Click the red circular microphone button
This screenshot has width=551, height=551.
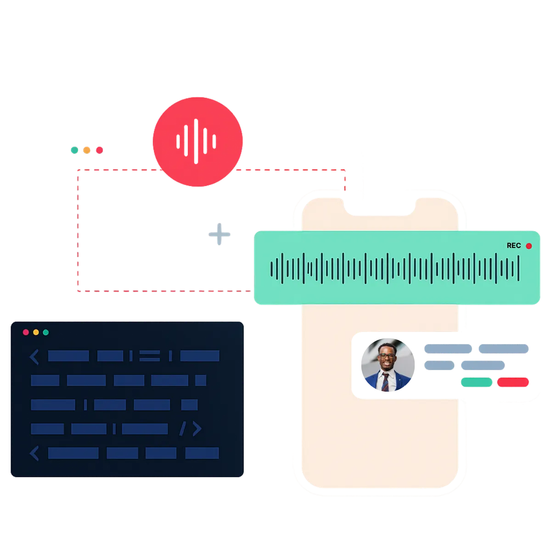pyautogui.click(x=197, y=142)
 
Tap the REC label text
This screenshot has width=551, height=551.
pyautogui.click(x=513, y=246)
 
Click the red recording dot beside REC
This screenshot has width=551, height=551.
pyautogui.click(x=529, y=246)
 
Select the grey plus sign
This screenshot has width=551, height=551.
pyautogui.click(x=220, y=234)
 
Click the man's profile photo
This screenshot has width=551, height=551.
pyautogui.click(x=387, y=366)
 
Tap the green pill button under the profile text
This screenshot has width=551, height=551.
pyautogui.click(x=476, y=382)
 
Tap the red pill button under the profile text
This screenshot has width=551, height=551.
pyautogui.click(x=513, y=382)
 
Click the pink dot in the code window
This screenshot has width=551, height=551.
pyautogui.click(x=26, y=332)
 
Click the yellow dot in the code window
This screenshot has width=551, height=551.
pyautogui.click(x=36, y=332)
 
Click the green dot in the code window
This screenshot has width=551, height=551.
pyautogui.click(x=46, y=332)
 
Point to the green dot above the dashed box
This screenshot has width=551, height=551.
pyautogui.click(x=74, y=150)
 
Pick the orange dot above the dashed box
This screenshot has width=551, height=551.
pyautogui.click(x=87, y=150)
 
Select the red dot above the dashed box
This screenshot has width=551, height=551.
pyautogui.click(x=99, y=150)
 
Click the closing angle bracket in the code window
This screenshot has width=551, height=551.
pyautogui.click(x=197, y=429)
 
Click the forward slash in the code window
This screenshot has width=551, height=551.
pyautogui.click(x=182, y=429)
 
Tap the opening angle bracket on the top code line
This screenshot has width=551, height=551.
pyautogui.click(x=34, y=356)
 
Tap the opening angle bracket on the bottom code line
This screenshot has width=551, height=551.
pyautogui.click(x=34, y=453)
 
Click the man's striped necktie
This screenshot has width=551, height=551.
pyautogui.click(x=386, y=382)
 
